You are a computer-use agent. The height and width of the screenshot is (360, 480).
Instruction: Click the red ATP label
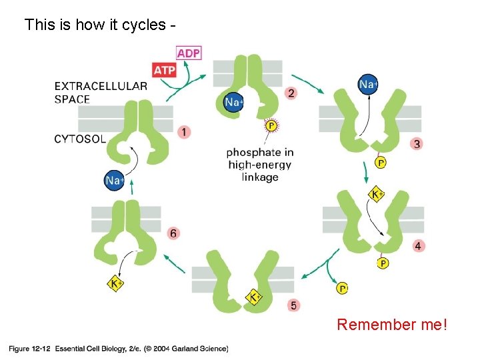point(164,69)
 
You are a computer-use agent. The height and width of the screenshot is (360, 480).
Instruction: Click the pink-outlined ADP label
point(189,53)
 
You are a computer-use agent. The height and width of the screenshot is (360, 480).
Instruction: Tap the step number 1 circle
point(183,132)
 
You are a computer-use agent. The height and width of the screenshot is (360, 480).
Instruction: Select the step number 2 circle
point(290,93)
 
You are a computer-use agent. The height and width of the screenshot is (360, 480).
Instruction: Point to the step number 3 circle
point(417,143)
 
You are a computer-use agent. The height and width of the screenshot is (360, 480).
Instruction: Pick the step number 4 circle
point(417,246)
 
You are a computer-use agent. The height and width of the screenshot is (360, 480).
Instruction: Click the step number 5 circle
point(294,305)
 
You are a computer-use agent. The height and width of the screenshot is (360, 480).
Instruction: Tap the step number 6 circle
point(173,233)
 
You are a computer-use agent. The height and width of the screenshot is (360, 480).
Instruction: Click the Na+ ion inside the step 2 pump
point(234,102)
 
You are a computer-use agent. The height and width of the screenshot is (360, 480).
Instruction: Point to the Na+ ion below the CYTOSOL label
point(115,180)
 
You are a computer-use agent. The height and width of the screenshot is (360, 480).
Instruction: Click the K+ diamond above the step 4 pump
point(376,195)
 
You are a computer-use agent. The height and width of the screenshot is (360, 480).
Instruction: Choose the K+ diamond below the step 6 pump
point(116,283)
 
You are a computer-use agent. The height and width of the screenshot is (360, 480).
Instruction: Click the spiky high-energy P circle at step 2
point(271,125)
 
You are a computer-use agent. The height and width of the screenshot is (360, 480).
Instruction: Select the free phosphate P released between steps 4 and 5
point(342,288)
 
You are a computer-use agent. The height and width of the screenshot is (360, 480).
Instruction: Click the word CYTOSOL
point(80,139)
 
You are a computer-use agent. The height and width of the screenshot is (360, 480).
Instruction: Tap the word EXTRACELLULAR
point(101,86)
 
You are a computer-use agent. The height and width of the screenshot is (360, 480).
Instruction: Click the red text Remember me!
point(392,325)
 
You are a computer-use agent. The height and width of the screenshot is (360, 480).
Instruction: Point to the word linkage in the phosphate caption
point(260,177)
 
